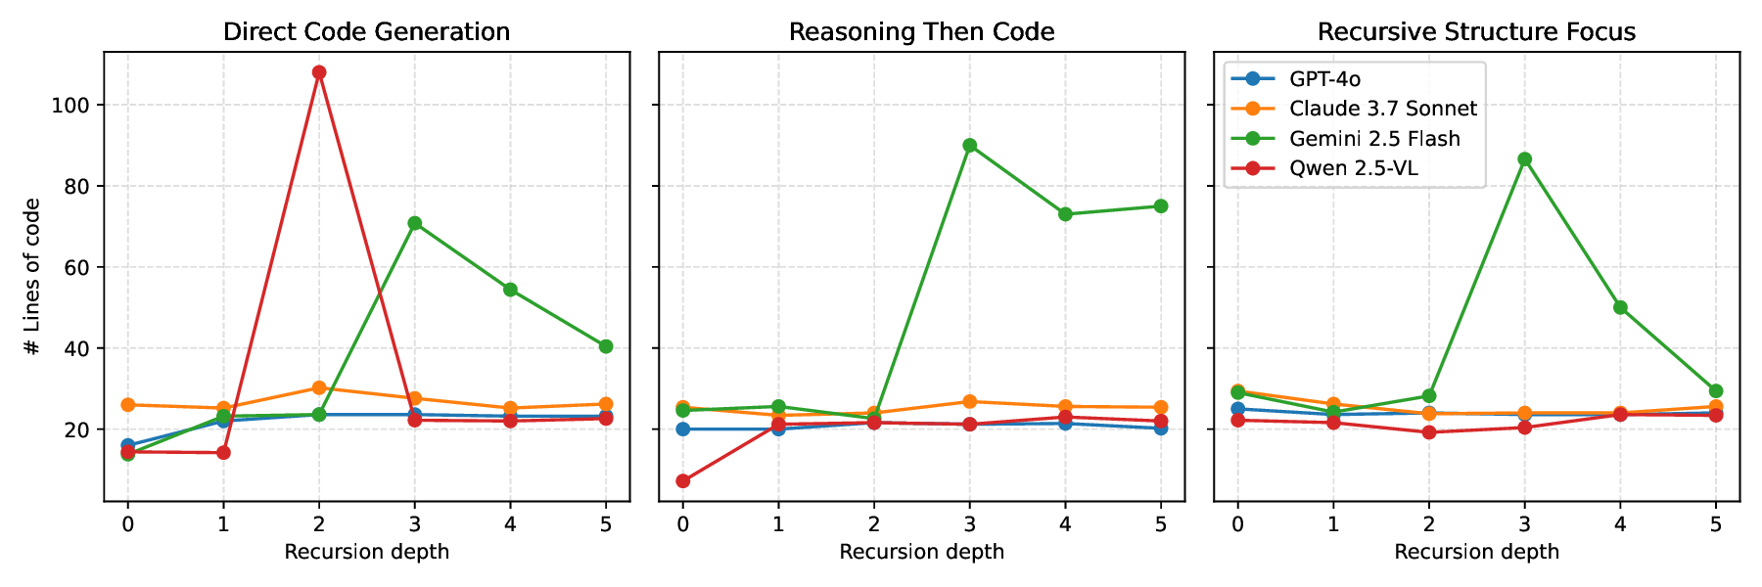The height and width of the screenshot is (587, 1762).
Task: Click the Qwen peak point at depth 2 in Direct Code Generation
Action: [x=319, y=72]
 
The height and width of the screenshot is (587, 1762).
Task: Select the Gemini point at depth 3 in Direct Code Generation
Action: [x=415, y=223]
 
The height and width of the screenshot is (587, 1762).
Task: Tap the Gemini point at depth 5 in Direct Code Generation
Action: [x=606, y=346]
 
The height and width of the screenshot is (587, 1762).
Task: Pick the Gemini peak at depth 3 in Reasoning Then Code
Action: [x=969, y=145]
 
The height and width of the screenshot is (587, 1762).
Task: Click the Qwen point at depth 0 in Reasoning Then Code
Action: [x=682, y=481]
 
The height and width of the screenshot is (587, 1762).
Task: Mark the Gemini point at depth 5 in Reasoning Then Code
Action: [x=1161, y=206]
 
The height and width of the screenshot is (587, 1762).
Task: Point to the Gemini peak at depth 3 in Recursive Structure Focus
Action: [x=1524, y=158]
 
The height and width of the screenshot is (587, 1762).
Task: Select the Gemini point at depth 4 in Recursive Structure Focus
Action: [x=1620, y=307]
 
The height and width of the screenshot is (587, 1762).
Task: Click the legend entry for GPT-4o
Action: [x=1324, y=79]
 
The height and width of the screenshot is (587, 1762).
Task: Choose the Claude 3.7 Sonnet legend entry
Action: [x=1382, y=109]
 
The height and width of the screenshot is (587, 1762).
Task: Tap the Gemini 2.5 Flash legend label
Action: [x=1374, y=139]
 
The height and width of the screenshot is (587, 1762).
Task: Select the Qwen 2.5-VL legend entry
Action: [x=1353, y=168]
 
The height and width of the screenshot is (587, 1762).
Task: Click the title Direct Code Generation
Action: [x=366, y=32]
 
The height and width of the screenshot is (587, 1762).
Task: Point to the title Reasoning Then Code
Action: [x=921, y=32]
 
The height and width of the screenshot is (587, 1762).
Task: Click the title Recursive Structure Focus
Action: [x=1476, y=32]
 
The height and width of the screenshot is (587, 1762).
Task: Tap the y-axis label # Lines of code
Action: [x=33, y=277]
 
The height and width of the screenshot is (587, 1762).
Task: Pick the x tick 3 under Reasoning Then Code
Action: [x=969, y=524]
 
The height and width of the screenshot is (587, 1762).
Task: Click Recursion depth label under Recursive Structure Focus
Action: [x=1476, y=552]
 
